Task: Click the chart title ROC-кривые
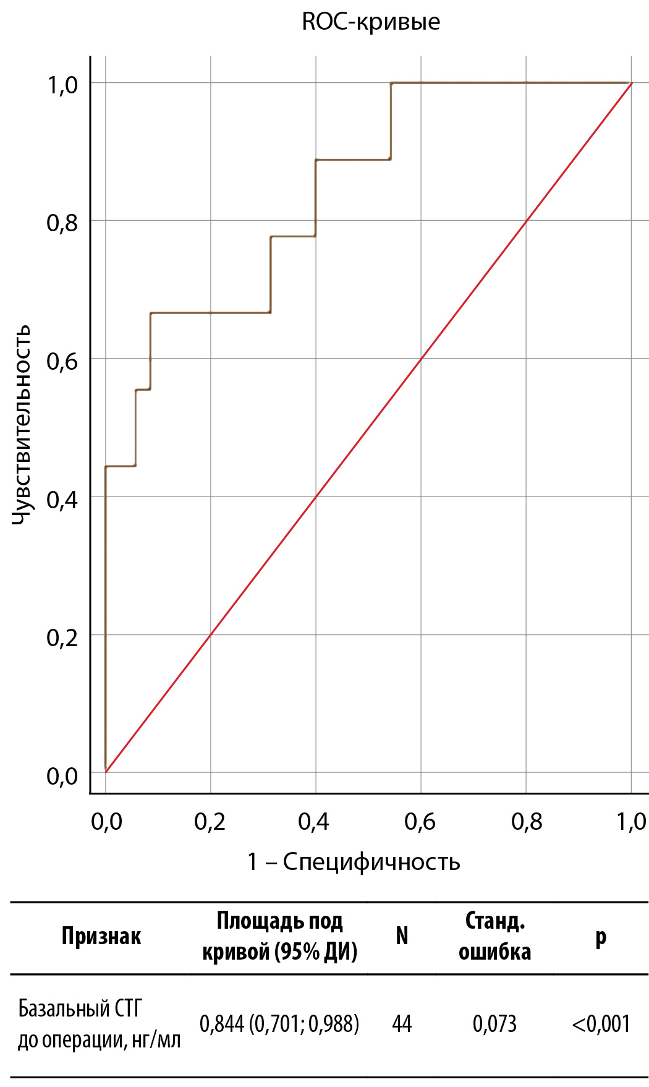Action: (371, 22)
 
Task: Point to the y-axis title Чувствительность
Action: (21, 425)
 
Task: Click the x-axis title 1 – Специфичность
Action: (354, 861)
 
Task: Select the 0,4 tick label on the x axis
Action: (314, 822)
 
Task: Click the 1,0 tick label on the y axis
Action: (62, 85)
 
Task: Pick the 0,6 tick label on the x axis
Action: (420, 822)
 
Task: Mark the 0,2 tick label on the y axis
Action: (62, 637)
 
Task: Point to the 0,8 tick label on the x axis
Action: (527, 822)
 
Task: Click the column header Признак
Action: (101, 936)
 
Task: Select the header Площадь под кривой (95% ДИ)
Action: (280, 936)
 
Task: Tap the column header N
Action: (402, 936)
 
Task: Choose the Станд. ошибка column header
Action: (494, 936)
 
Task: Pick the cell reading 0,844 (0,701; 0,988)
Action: (279, 1024)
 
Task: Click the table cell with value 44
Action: (402, 1024)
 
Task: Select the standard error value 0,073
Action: (494, 1024)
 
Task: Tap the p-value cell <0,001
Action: (601, 1024)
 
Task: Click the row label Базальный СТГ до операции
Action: (99, 1024)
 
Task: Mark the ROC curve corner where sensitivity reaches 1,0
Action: (391, 83)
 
